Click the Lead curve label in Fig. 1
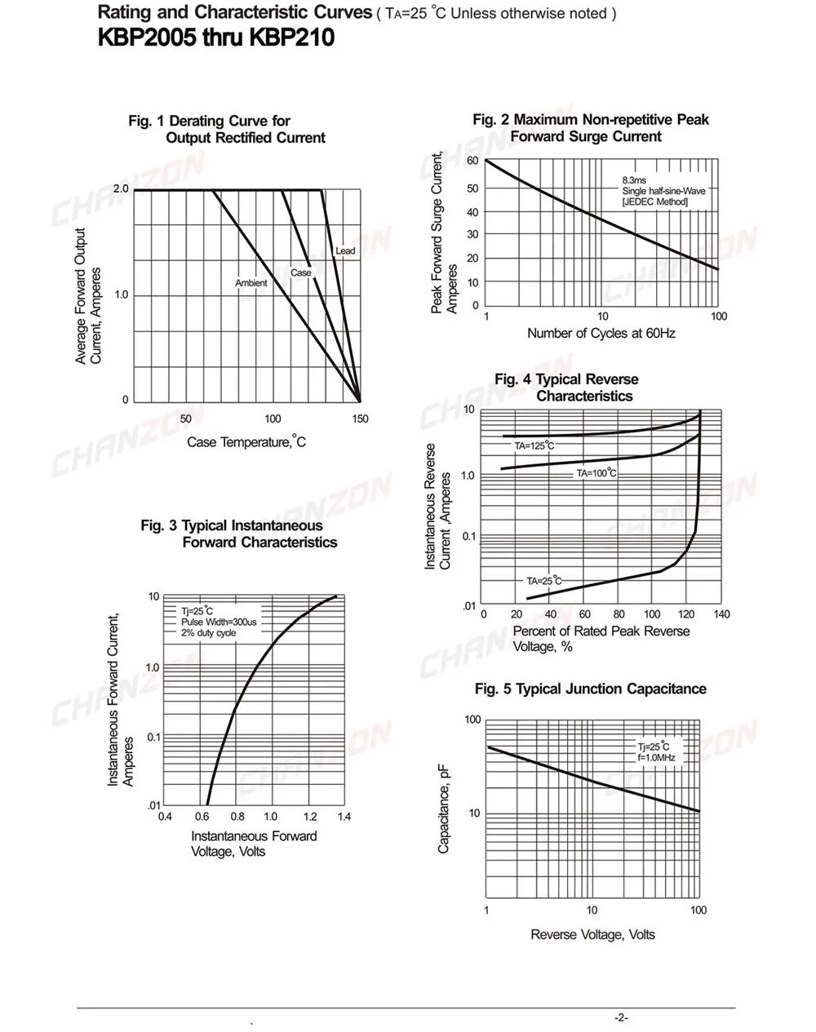coord(345,250)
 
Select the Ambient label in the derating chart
coord(251,283)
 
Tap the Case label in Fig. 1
coord(301,272)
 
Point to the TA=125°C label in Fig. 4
coord(534,445)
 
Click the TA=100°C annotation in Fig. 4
coord(596,473)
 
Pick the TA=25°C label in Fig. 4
coord(544,581)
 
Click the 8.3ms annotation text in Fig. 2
coord(634,180)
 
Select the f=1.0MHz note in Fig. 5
coord(656,758)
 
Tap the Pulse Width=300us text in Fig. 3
coord(219,622)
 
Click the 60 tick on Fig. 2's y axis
coord(472,161)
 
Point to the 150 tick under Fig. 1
coord(360,419)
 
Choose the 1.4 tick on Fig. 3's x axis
coord(344,817)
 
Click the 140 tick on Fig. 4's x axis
coord(721,614)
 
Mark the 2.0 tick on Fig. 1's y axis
coord(121,189)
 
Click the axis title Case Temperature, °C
coord(246,441)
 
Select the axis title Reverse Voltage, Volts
coord(592,935)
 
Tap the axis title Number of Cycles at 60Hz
coord(601,334)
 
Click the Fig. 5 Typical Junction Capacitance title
coord(591,689)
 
